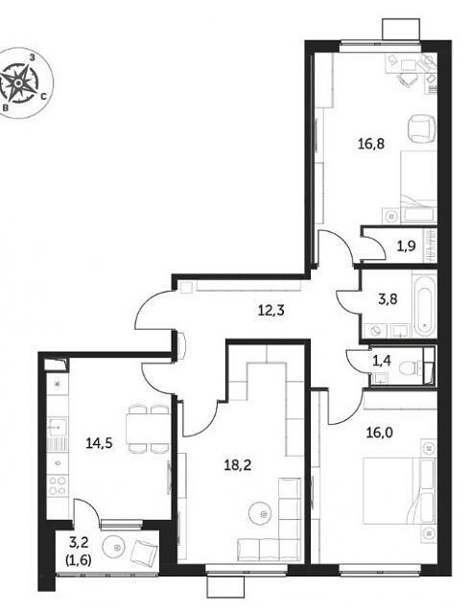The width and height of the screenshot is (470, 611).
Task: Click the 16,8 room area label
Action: [371, 144]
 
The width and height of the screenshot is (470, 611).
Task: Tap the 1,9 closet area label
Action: [406, 246]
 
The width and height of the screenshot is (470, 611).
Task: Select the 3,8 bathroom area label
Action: [388, 299]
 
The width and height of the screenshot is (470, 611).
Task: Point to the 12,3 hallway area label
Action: [271, 311]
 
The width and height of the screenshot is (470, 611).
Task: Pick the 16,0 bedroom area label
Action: [379, 433]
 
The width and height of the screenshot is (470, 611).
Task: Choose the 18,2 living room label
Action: [238, 464]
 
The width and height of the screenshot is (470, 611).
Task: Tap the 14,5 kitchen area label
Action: [100, 443]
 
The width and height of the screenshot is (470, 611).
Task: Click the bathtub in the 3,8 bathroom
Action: [425, 305]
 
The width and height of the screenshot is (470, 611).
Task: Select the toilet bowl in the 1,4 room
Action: [409, 367]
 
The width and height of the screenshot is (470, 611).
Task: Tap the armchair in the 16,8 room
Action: [421, 129]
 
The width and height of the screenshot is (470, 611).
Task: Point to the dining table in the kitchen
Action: [148, 428]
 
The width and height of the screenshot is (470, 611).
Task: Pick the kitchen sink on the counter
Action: [58, 428]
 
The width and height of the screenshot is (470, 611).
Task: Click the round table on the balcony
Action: [115, 548]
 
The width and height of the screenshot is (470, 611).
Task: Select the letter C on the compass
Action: [44, 96]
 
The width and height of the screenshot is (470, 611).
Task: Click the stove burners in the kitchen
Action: [57, 485]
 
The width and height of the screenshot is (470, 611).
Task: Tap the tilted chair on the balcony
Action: [144, 552]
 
